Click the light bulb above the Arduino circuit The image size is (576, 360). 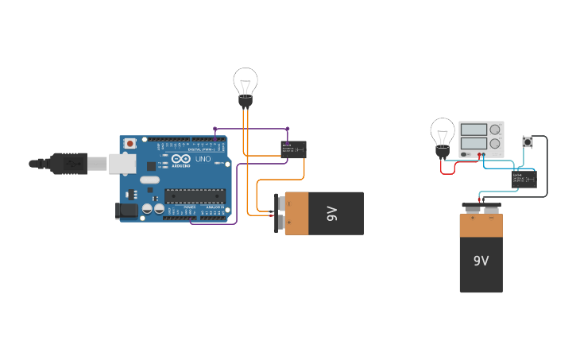coord(245,83)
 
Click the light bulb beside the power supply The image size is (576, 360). coord(443,132)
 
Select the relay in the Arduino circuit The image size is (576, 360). coord(293,149)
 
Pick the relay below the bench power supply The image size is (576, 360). coord(524,179)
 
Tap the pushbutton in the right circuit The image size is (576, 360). coord(527,142)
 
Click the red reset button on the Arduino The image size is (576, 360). coord(130,144)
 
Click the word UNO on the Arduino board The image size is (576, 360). coord(203,159)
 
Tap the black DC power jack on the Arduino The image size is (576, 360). coord(125,211)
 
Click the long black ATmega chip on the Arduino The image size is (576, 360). coord(195,196)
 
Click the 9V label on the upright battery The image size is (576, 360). coord(481,261)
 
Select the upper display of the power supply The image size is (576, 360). coord(474,130)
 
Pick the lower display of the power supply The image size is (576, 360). coord(474,143)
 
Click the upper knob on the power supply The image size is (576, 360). coord(495,130)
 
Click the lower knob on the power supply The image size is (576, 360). coord(495,144)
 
